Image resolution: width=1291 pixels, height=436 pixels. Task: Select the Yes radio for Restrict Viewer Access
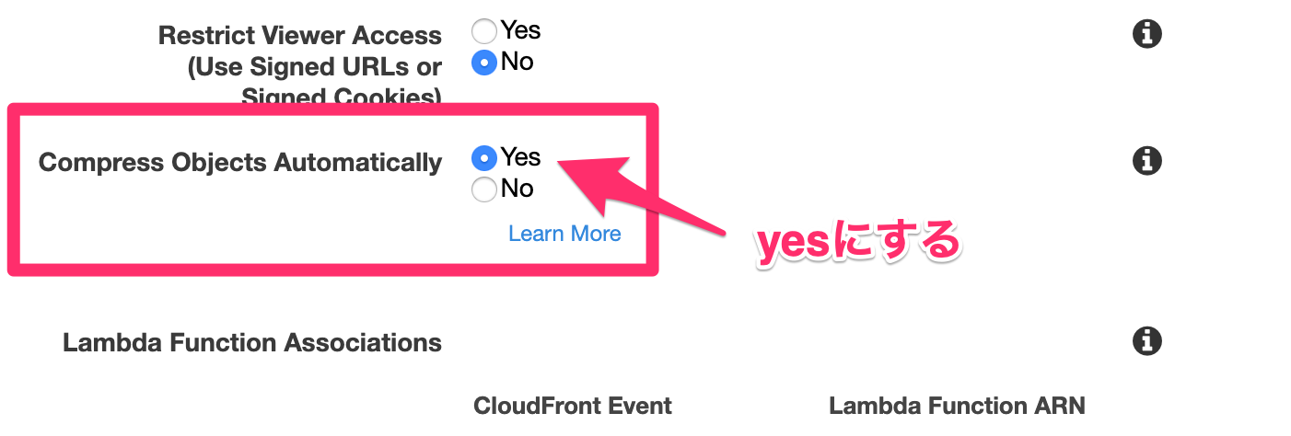click(484, 31)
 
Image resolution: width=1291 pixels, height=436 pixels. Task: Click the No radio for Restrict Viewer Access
click(484, 63)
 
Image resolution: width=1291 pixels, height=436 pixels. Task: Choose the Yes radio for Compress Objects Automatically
click(484, 158)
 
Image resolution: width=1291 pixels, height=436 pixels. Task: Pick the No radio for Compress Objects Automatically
click(484, 189)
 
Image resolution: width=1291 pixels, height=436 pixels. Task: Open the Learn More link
click(564, 234)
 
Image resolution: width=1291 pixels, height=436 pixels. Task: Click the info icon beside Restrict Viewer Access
click(1147, 34)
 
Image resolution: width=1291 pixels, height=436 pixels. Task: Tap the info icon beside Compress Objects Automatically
click(1147, 161)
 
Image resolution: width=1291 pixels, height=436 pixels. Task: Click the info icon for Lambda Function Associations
click(1147, 341)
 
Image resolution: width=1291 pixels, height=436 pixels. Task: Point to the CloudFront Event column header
click(573, 406)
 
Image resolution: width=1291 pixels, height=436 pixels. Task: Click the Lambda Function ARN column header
click(957, 406)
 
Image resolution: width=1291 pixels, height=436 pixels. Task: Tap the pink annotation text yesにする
click(859, 243)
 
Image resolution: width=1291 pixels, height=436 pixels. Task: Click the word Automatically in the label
click(357, 163)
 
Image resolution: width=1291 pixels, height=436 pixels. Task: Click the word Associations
click(363, 343)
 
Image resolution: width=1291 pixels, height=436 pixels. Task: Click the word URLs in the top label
click(375, 67)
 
